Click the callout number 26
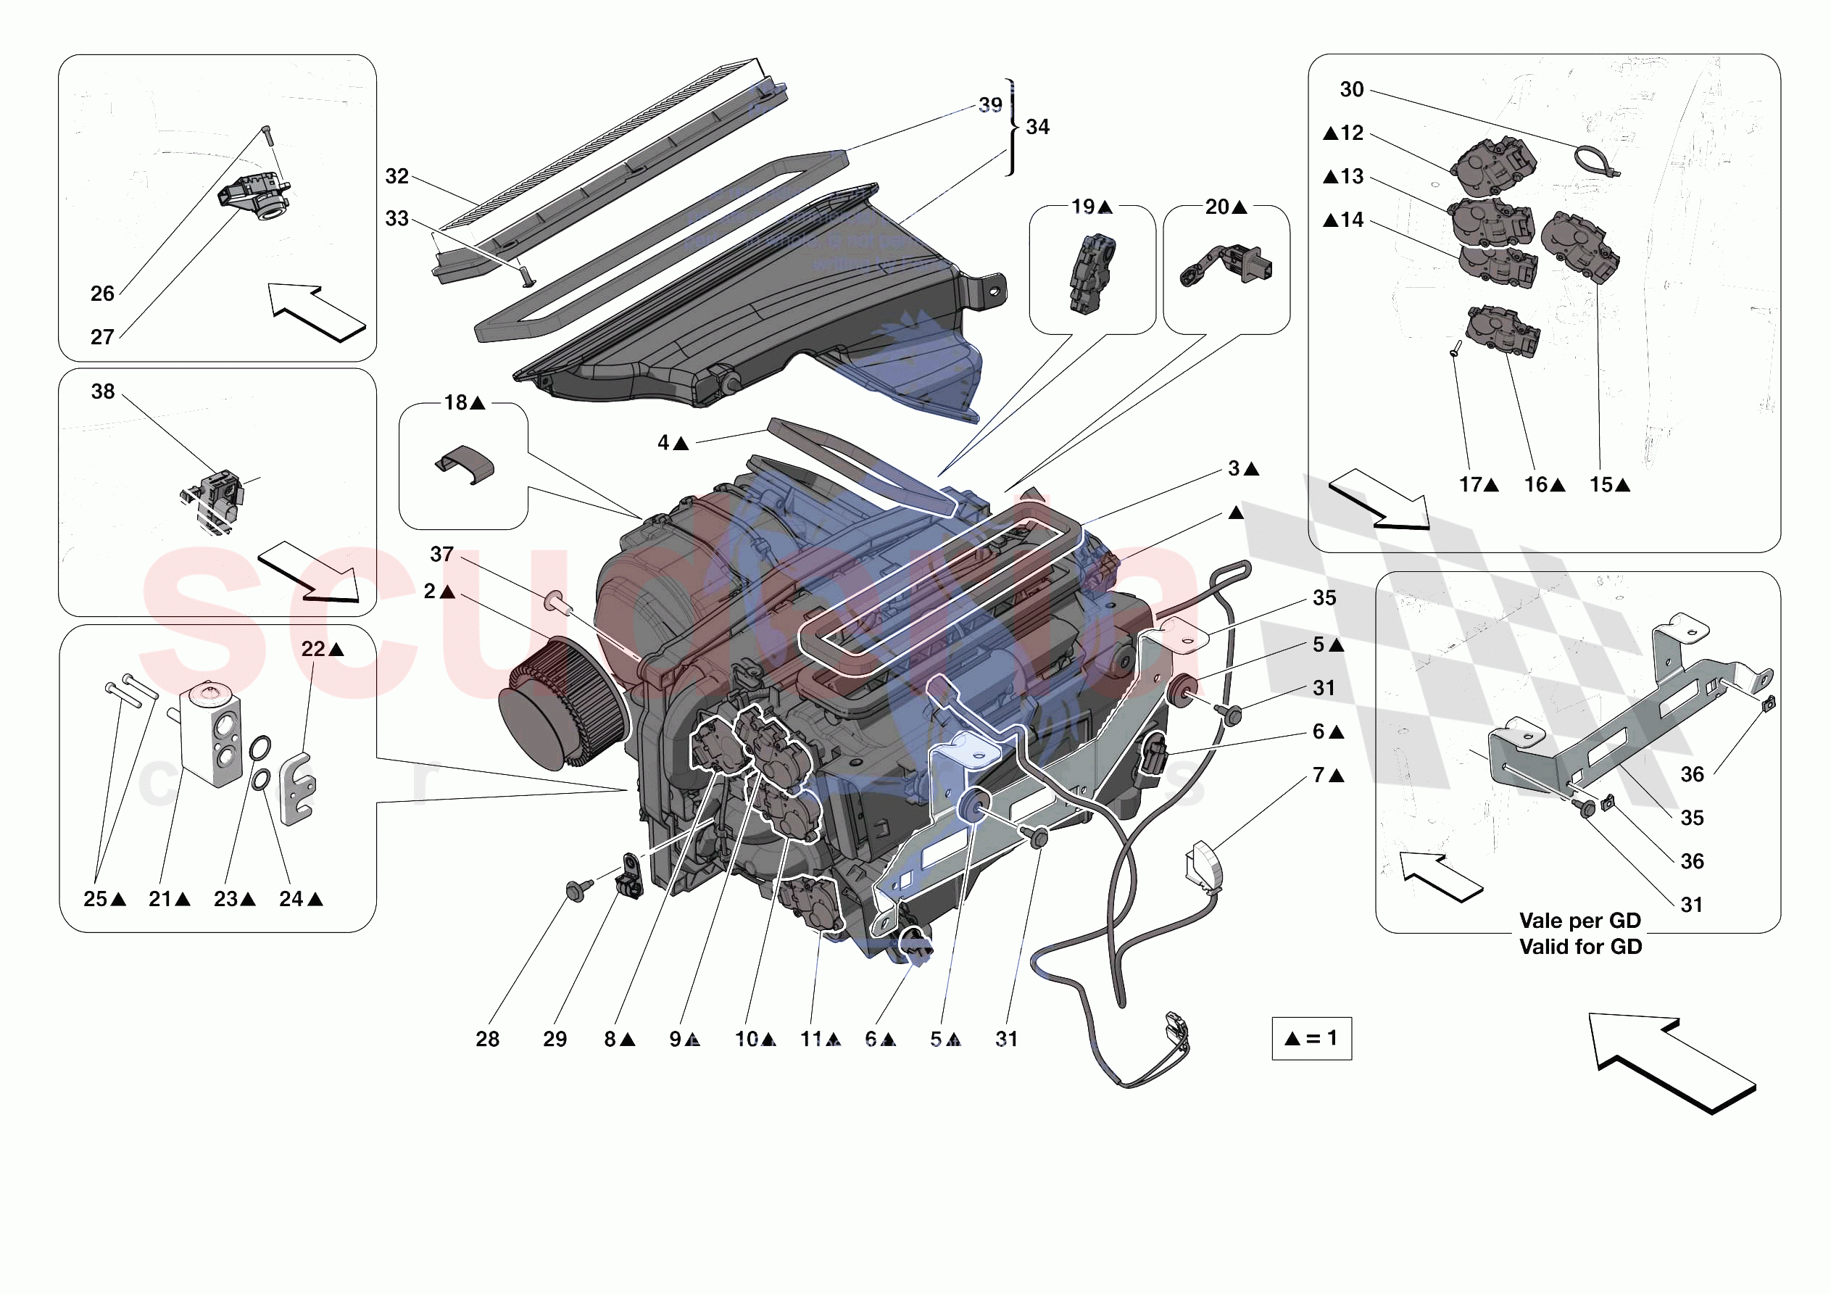coord(102,294)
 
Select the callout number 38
coord(103,391)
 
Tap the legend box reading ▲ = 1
coord(1311,1038)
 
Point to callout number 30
coord(1351,89)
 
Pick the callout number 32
coord(396,176)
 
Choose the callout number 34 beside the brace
coord(1037,127)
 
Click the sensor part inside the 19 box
coord(1091,273)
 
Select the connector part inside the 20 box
coord(1228,265)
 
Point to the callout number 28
coord(487,1039)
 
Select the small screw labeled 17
coord(1454,349)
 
